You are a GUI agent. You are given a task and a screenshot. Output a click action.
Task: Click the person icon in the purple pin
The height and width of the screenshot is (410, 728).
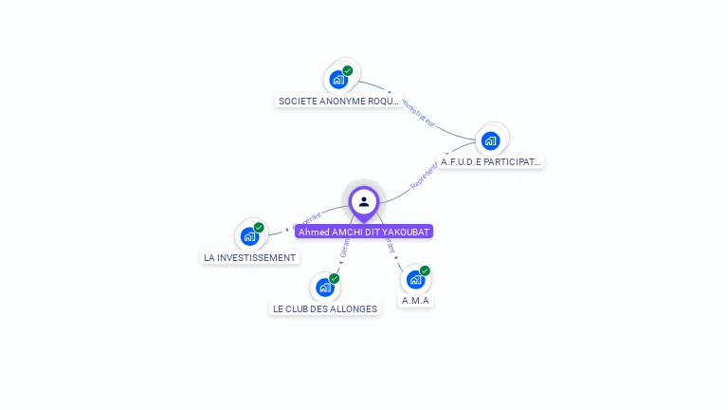tap(364, 201)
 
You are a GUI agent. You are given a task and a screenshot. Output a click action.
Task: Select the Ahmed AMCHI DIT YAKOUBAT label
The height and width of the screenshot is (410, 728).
tap(364, 232)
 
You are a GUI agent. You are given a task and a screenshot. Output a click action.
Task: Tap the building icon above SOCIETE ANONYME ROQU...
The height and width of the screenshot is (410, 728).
tap(338, 80)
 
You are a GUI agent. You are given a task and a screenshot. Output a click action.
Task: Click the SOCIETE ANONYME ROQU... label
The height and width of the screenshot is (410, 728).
tap(338, 101)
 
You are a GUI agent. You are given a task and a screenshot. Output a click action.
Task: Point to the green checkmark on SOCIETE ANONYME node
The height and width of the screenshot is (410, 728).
tap(348, 71)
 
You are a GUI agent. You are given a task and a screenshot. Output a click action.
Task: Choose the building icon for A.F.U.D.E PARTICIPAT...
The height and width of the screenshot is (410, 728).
tap(490, 141)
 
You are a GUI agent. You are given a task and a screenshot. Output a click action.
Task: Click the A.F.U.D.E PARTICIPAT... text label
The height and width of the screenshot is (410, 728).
tap(491, 162)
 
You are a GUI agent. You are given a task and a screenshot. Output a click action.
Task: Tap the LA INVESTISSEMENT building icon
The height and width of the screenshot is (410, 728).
tap(249, 236)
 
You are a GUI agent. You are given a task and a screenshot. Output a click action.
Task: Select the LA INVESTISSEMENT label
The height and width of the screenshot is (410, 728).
tap(250, 257)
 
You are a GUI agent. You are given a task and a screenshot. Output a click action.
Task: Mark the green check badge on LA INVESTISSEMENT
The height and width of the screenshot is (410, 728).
tap(259, 228)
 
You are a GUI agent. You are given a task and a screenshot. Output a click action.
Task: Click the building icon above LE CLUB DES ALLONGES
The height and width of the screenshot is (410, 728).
tap(325, 288)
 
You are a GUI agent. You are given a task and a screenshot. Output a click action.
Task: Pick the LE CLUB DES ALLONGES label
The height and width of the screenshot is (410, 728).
tap(325, 308)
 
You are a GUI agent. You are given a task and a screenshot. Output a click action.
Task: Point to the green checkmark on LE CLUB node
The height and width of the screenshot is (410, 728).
tap(335, 279)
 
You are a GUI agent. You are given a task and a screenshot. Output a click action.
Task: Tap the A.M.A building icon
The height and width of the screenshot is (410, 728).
tap(415, 280)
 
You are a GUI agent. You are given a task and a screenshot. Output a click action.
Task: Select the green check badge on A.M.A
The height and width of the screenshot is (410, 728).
tap(425, 271)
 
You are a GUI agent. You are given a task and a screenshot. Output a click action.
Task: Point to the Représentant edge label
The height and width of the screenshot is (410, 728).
tap(424, 174)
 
